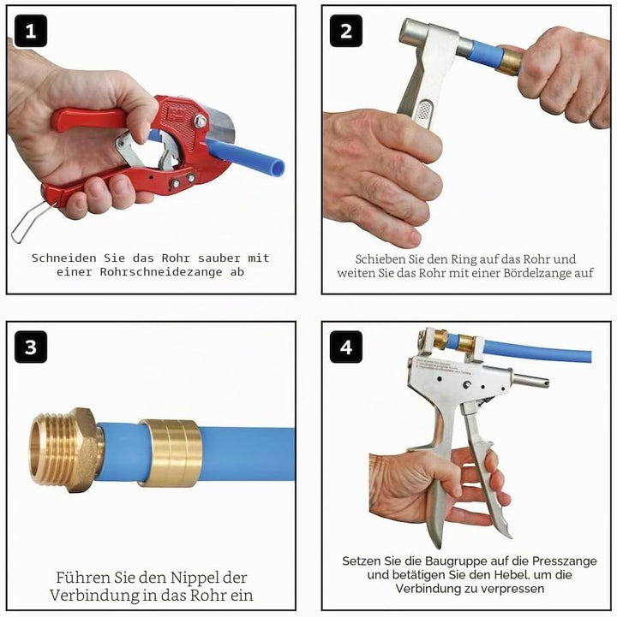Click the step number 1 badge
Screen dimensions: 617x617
click(31, 31)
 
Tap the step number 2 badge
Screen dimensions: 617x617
click(346, 31)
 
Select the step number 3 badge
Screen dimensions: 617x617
click(31, 347)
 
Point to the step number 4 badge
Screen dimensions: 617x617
click(346, 347)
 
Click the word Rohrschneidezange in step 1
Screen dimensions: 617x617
click(161, 272)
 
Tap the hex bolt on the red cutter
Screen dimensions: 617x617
click(201, 121)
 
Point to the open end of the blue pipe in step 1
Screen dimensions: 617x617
click(279, 169)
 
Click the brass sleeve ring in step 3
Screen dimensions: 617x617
click(171, 453)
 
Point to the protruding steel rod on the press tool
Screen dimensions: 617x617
click(530, 381)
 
